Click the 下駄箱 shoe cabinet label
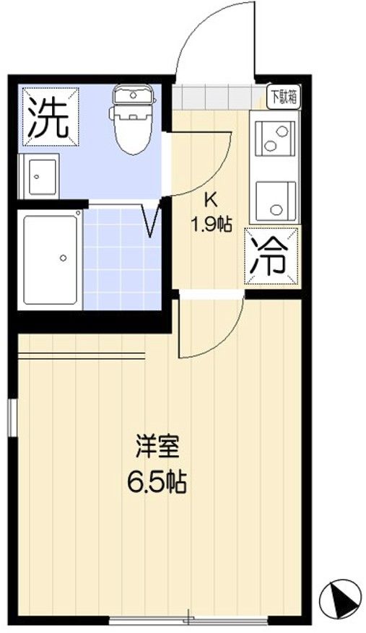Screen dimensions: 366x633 284,97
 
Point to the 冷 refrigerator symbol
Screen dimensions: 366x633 271,257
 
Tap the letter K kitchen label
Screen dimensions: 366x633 211,198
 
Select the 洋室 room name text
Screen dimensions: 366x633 157,448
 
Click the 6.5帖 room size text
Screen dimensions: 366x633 157,482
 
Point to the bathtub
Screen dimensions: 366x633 50,260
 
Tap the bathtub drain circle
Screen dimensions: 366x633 63,258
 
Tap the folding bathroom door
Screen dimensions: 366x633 153,219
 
